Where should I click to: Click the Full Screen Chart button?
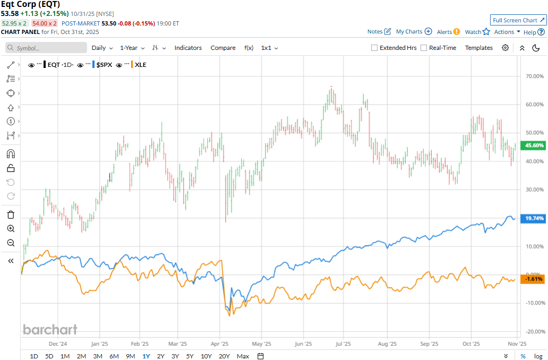click(518, 20)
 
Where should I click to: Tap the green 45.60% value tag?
click(534, 145)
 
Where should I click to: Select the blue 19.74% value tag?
click(534, 219)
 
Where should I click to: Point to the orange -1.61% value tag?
click(534, 279)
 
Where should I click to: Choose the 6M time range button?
click(114, 356)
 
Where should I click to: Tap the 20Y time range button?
click(224, 356)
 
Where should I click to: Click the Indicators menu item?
click(188, 48)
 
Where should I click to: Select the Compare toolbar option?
click(223, 48)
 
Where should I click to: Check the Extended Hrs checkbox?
click(374, 48)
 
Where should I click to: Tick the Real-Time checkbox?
click(424, 48)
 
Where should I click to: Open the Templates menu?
click(479, 48)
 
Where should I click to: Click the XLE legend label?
click(141, 65)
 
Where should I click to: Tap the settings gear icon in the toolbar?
click(506, 48)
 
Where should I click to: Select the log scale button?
click(538, 356)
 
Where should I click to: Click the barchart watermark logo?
click(50, 330)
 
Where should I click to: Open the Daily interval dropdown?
click(102, 48)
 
